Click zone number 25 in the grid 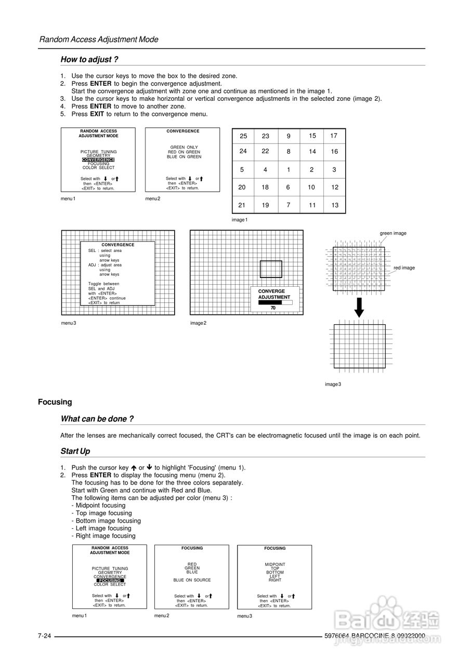point(243,136)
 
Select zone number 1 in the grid point(289,169)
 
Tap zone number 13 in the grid point(335,205)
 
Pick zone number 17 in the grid point(334,136)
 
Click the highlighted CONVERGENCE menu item point(98,159)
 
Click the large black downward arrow point(359,307)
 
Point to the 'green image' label point(393,233)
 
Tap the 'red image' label point(404,268)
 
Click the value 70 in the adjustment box point(273,308)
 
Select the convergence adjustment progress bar point(275,302)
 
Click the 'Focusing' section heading point(55,402)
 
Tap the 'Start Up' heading point(75,451)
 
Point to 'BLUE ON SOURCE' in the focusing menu point(192,580)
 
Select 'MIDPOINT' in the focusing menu point(275,564)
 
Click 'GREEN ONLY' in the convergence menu point(184,148)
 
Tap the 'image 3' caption point(333,384)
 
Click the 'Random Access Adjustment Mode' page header point(99,39)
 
